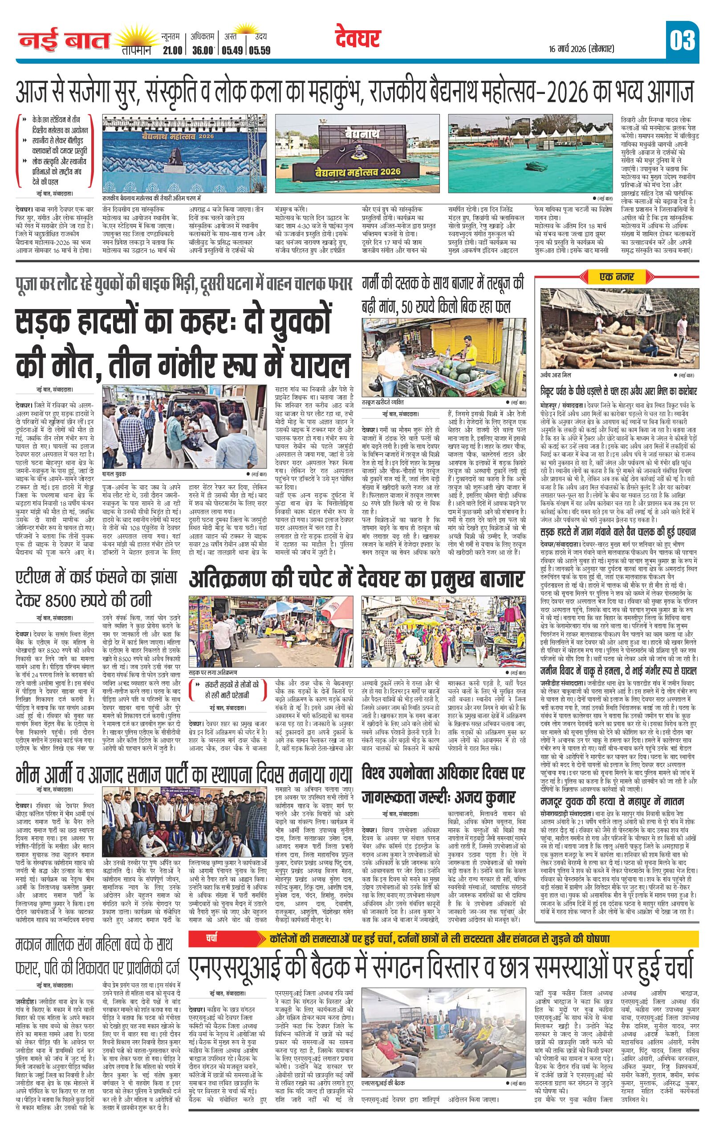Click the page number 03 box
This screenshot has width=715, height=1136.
click(682, 41)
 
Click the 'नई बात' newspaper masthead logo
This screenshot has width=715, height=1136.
click(64, 41)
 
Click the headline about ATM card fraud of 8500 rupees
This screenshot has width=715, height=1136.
click(97, 588)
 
